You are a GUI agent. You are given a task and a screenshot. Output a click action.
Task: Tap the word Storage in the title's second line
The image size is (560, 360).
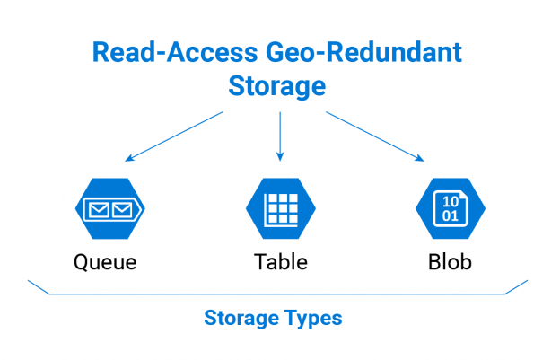(279, 87)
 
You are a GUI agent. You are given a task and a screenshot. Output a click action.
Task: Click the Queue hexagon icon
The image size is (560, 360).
(109, 209)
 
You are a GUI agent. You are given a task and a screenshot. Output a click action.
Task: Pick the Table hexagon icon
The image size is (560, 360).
(280, 209)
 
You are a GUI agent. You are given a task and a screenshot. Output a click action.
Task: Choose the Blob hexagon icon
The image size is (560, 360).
(451, 209)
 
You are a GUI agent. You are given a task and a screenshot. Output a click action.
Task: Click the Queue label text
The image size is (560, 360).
(105, 262)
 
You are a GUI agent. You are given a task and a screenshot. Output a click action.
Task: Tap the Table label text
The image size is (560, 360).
(280, 262)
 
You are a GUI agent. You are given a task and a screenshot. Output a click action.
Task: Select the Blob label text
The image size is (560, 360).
(450, 262)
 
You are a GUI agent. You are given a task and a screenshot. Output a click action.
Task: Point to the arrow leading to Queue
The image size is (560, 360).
(174, 136)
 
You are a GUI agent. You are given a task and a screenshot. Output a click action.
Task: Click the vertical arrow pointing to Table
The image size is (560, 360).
(280, 136)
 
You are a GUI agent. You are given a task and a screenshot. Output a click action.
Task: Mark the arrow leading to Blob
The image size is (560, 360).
(374, 136)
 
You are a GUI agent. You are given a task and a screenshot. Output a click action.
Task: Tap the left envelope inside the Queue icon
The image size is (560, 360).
(97, 210)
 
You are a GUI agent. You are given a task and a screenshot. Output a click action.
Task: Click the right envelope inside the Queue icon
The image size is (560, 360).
(121, 210)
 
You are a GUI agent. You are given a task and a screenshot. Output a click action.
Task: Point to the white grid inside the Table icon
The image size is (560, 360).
(280, 209)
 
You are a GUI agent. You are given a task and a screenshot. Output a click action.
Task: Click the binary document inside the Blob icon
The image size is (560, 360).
(451, 209)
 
